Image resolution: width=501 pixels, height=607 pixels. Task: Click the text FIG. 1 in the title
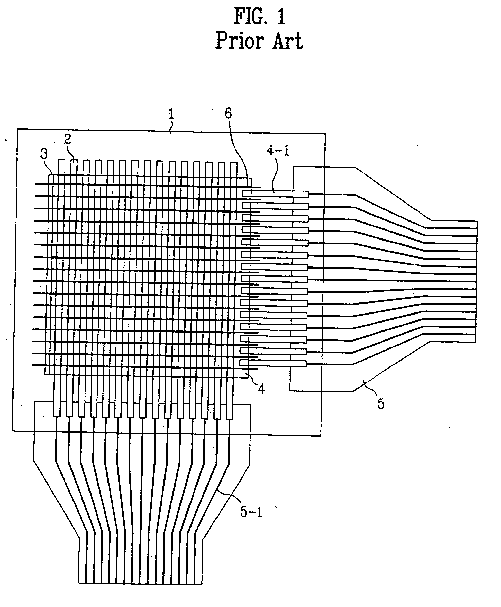click(259, 16)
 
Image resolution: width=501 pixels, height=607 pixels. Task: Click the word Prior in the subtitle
click(239, 41)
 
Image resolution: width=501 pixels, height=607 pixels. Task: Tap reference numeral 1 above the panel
click(171, 114)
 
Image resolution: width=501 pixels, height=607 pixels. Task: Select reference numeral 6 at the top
click(228, 114)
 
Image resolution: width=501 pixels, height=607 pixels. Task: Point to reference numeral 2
click(67, 139)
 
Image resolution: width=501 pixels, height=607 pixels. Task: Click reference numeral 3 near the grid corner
click(44, 154)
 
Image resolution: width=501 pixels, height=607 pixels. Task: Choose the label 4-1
click(278, 150)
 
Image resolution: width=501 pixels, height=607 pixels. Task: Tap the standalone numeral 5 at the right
click(381, 404)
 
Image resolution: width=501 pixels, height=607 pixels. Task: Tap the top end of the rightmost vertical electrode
click(234, 163)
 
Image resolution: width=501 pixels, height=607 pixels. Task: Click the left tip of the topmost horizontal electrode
click(35, 183)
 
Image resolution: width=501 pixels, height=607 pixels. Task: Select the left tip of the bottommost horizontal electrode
click(32, 365)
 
